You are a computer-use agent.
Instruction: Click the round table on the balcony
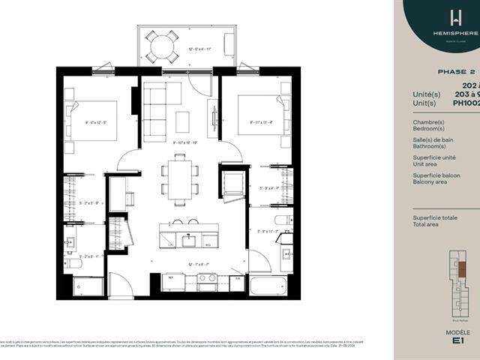(162, 47)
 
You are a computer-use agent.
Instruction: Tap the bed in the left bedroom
(91, 120)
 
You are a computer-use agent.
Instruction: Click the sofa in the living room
(156, 111)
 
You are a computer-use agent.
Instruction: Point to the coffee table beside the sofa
(182, 121)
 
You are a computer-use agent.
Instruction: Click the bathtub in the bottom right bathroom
(268, 286)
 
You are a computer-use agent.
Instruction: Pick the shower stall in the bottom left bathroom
(88, 286)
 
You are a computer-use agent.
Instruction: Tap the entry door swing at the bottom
(120, 283)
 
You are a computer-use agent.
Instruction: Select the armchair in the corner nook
(232, 182)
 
